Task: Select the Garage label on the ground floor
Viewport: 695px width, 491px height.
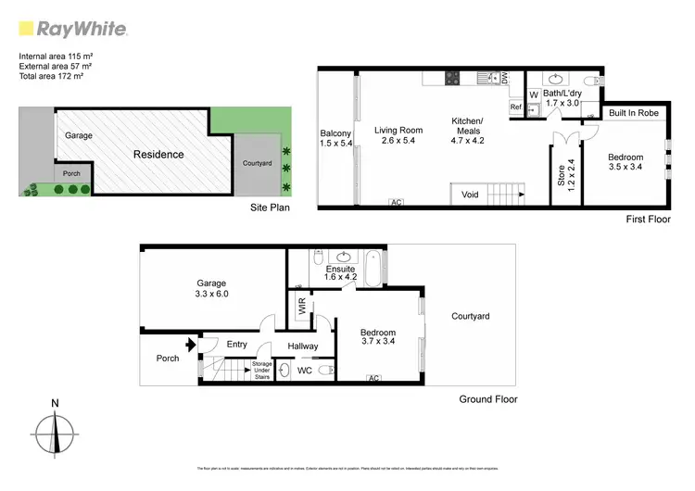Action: point(211,283)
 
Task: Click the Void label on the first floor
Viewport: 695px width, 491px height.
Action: point(470,195)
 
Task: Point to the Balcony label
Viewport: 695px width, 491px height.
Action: point(335,132)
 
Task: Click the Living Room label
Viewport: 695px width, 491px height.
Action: point(398,131)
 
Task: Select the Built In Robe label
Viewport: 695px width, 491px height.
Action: point(634,113)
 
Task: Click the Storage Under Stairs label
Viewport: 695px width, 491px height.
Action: point(262,371)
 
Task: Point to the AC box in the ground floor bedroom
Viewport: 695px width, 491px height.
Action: point(375,379)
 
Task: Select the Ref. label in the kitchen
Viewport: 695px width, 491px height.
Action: point(516,107)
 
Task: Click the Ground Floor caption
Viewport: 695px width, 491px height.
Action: point(488,399)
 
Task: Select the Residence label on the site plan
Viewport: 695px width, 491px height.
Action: point(158,155)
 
